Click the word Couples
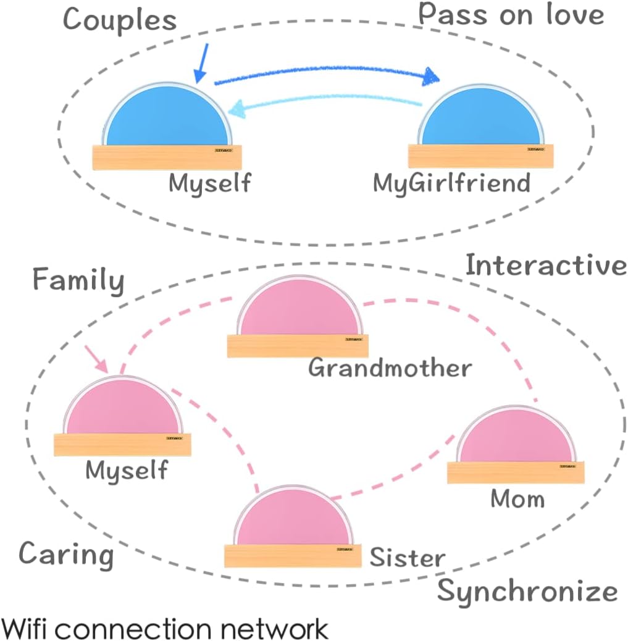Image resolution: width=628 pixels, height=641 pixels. pyautogui.click(x=120, y=20)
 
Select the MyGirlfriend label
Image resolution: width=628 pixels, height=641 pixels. pyautogui.click(x=451, y=183)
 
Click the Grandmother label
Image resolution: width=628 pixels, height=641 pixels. pyautogui.click(x=390, y=369)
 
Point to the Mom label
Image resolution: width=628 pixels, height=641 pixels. pyautogui.click(x=517, y=498)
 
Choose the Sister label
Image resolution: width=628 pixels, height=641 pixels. pyautogui.click(x=407, y=558)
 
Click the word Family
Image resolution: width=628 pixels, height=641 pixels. pyautogui.click(x=78, y=281)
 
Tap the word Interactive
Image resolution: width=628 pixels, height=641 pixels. pyautogui.click(x=546, y=266)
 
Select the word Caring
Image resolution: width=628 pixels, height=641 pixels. pyautogui.click(x=66, y=554)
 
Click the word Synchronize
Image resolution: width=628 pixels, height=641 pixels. pyautogui.click(x=527, y=592)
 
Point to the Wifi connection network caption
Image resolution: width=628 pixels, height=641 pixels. pyautogui.click(x=165, y=629)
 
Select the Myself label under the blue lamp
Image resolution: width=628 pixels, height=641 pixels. pyautogui.click(x=211, y=183)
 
